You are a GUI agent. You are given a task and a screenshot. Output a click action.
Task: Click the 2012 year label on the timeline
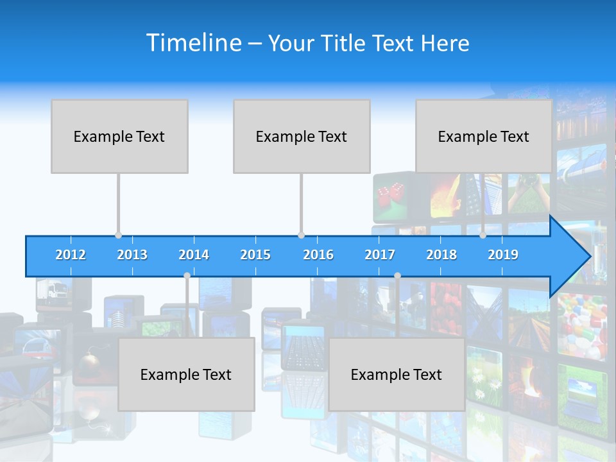click(71, 255)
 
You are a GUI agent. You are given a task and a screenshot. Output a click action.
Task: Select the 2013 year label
click(132, 255)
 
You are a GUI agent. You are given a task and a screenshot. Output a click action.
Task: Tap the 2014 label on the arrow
click(194, 255)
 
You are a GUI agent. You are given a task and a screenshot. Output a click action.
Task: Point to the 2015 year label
click(255, 255)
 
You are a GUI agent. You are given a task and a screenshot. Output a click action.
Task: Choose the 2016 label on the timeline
click(318, 255)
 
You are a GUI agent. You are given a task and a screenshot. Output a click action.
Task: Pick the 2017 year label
click(380, 255)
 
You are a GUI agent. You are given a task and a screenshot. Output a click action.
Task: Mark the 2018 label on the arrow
click(441, 255)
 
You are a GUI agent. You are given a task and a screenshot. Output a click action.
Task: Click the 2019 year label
click(503, 255)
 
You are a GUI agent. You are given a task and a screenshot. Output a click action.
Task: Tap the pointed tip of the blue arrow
click(588, 257)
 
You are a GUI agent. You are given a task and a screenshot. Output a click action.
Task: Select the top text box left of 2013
click(119, 136)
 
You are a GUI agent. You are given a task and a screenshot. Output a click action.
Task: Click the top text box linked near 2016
click(302, 136)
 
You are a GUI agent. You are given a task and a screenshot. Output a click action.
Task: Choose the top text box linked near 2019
click(484, 136)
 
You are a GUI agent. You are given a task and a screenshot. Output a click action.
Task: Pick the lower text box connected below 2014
click(186, 374)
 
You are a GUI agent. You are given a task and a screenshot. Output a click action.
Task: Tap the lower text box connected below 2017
click(397, 374)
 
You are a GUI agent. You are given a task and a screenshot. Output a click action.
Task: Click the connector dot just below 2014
click(187, 275)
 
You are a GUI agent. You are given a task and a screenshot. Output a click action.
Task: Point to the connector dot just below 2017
click(397, 275)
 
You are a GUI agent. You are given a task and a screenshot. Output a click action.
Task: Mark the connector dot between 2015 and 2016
click(301, 235)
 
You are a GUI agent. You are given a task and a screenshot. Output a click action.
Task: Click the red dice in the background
click(389, 193)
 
